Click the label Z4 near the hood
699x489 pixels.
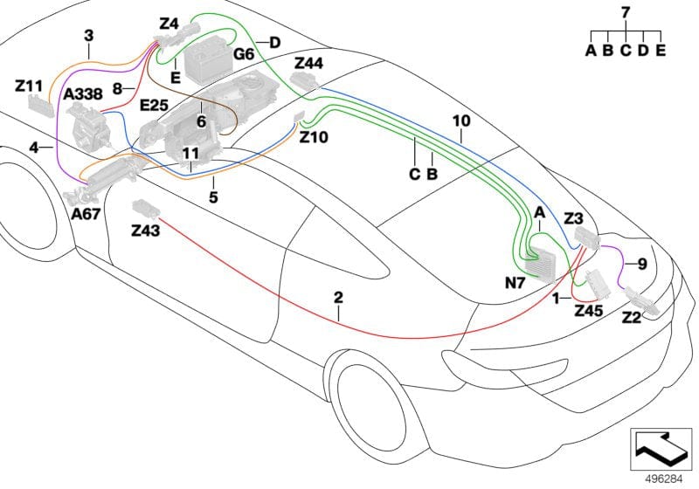pyautogui.click(x=169, y=25)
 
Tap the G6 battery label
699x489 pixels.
pyautogui.click(x=244, y=55)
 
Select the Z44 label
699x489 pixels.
pyautogui.click(x=309, y=64)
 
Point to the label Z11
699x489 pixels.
pyautogui.click(x=29, y=86)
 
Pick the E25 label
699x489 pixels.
pyautogui.click(x=154, y=106)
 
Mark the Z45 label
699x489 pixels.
pyautogui.click(x=589, y=310)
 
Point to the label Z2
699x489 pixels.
pyautogui.click(x=631, y=319)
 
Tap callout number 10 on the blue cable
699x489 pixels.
pyautogui.click(x=460, y=120)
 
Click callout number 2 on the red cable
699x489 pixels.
pyautogui.click(x=338, y=298)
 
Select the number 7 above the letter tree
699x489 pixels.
pyautogui.click(x=625, y=13)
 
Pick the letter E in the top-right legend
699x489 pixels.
pyautogui.click(x=660, y=51)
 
